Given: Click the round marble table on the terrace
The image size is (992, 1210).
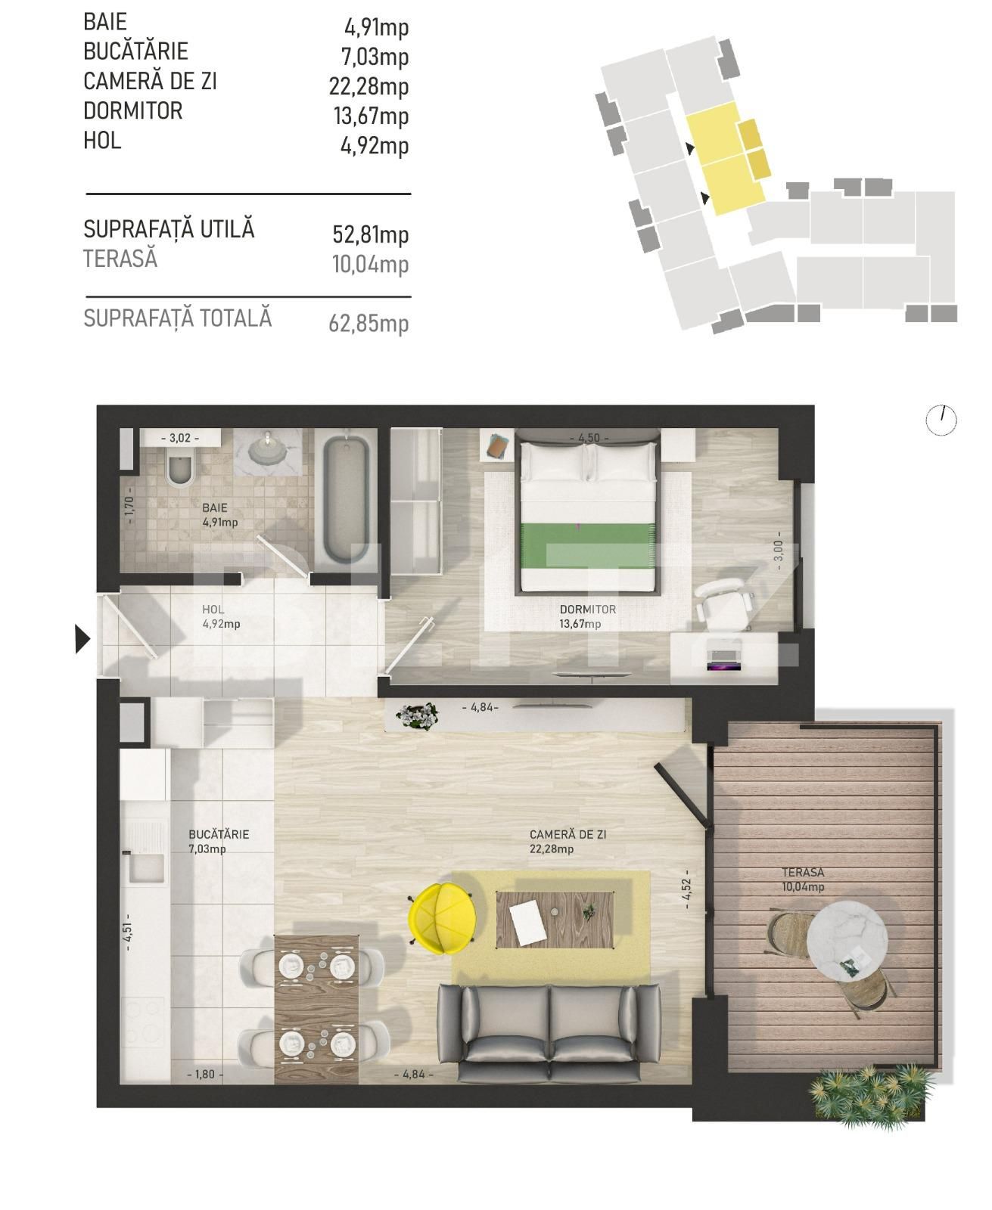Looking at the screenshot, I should point(847,940).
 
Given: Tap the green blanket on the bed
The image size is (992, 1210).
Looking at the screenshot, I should point(587,545).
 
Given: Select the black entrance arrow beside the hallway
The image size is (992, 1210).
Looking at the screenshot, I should point(82,639).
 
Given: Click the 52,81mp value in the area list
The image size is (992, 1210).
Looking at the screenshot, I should point(371,234).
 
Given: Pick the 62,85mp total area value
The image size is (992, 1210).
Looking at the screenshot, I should point(369,324).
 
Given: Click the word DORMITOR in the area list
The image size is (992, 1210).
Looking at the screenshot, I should point(133,111).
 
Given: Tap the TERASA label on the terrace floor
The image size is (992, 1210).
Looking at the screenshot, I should point(803,873).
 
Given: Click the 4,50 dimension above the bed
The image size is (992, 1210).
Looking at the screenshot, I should point(588,439).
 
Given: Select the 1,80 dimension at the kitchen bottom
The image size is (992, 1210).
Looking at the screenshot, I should point(204,1074).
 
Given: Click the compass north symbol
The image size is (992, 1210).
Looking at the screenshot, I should point(941,420).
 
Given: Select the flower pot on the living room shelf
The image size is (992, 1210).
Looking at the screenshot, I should point(417,715).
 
